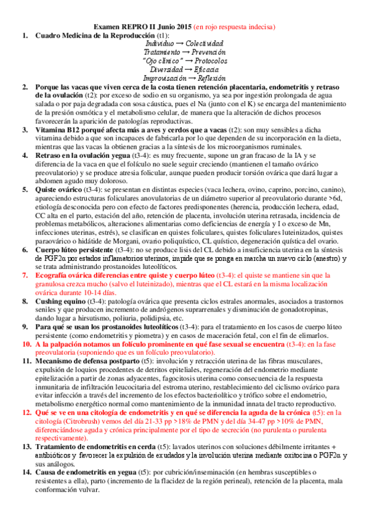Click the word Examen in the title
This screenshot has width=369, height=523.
point(105,27)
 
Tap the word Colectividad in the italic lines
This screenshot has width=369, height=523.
point(204,44)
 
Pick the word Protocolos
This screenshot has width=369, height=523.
point(209,62)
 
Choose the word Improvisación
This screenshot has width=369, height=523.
point(164,79)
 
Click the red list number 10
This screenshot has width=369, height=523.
point(26,344)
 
